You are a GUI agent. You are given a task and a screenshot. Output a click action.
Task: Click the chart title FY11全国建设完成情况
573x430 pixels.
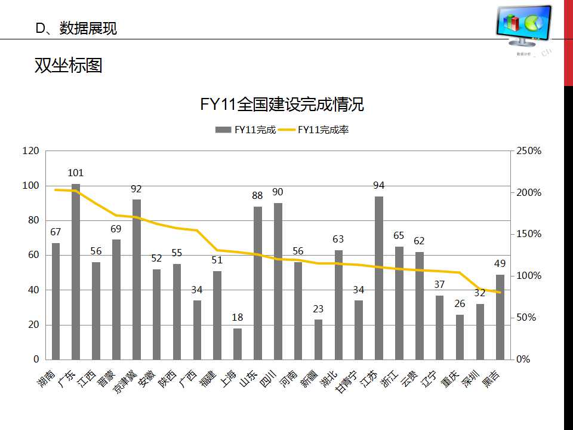tap(282, 105)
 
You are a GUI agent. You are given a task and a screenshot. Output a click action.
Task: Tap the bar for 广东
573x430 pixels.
tap(76, 272)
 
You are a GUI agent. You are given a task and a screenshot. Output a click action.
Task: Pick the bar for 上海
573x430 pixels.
tap(238, 344)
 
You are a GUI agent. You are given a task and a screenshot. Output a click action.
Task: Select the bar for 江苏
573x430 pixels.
tap(379, 278)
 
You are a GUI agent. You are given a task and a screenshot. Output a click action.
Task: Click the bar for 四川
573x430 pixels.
tap(278, 281)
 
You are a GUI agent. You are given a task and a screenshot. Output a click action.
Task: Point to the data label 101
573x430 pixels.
tap(76, 173)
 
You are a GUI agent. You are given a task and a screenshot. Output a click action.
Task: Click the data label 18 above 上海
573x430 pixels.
tap(238, 318)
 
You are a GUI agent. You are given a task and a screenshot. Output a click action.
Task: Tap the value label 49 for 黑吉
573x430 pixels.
tap(500, 264)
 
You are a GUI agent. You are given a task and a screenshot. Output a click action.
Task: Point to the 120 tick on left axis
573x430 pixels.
tap(30, 151)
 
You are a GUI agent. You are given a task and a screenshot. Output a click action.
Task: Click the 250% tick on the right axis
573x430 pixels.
tap(529, 151)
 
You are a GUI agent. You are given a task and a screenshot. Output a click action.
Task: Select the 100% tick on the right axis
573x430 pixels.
tap(529, 276)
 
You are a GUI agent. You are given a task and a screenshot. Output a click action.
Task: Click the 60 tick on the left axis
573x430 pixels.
tap(33, 255)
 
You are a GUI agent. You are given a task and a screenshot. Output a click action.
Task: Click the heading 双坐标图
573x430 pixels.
tap(68, 65)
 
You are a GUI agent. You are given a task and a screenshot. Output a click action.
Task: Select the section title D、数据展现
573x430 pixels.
tap(76, 28)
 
